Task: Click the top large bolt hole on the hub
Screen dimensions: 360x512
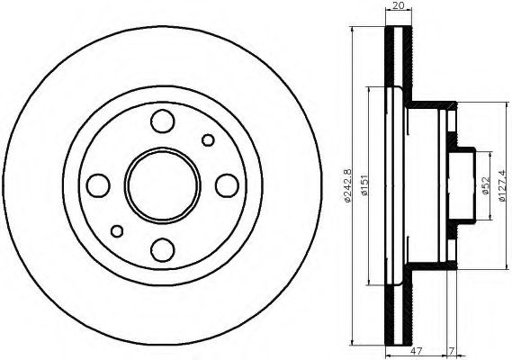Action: (163, 120)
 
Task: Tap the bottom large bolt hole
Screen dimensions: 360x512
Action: (163, 249)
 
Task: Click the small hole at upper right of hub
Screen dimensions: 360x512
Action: (210, 139)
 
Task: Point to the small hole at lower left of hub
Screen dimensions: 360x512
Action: (116, 231)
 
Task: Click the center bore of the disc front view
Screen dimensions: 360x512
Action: (163, 184)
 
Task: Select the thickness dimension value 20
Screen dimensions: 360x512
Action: (397, 6)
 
